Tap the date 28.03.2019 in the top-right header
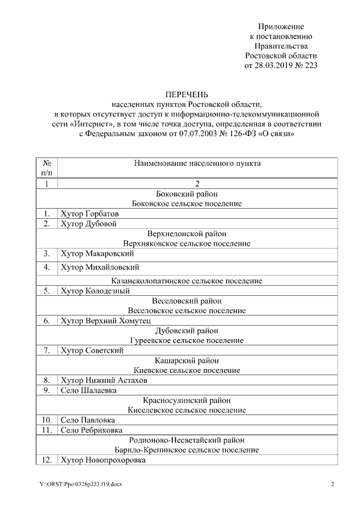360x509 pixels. pyautogui.click(x=271, y=66)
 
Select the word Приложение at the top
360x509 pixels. pyautogui.click(x=281, y=26)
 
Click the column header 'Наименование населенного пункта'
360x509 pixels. pyautogui.click(x=197, y=164)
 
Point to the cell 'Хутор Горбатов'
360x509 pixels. pyautogui.click(x=89, y=214)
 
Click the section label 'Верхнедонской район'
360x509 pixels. pyautogui.click(x=187, y=233)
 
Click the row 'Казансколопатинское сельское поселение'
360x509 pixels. pyautogui.click(x=187, y=281)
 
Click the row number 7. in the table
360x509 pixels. pyautogui.click(x=47, y=350)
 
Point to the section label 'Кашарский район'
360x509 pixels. pyautogui.click(x=187, y=361)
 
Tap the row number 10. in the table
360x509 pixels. pyautogui.click(x=47, y=420)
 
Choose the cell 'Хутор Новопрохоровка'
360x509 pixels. pyautogui.click(x=103, y=460)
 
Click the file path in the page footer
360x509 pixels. pyautogui.click(x=80, y=485)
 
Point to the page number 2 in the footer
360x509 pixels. pyautogui.click(x=332, y=485)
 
